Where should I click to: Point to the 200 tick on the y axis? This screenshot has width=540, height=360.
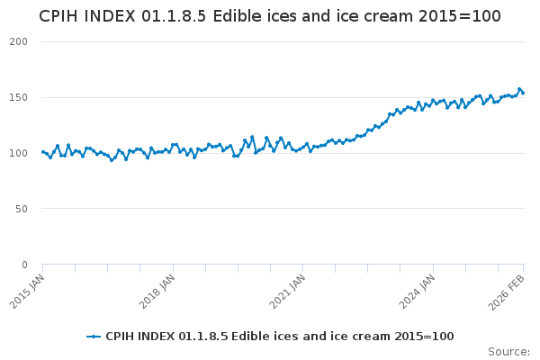[19, 42]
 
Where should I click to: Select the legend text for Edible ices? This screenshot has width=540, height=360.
[279, 337]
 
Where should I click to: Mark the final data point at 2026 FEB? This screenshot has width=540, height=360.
[523, 93]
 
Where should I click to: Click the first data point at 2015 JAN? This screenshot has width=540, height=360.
[43, 152]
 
